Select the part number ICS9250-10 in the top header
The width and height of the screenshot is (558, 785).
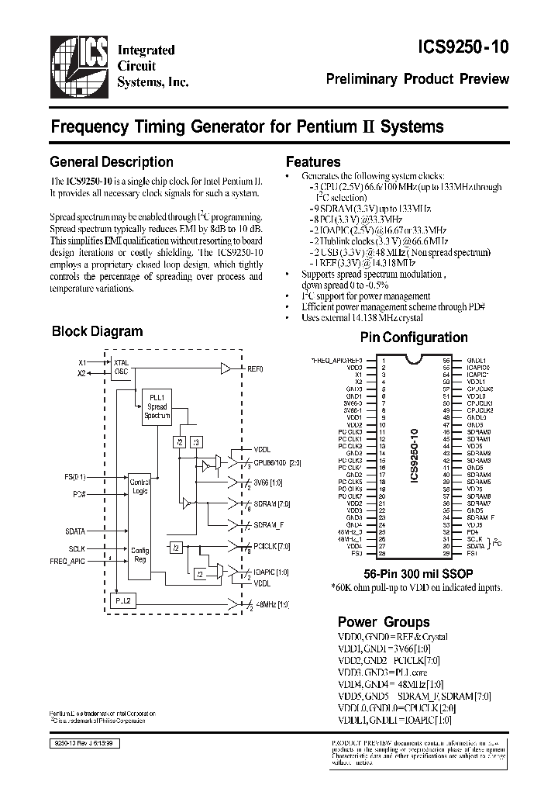(456, 47)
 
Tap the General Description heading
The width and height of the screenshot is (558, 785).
(111, 162)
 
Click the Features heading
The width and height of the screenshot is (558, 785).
(313, 162)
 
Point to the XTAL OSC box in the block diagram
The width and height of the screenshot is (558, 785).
(122, 367)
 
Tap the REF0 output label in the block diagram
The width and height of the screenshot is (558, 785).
(255, 368)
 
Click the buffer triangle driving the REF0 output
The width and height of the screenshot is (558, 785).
(226, 368)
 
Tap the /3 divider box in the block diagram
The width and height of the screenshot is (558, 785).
(196, 442)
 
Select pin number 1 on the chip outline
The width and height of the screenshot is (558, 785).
(382, 361)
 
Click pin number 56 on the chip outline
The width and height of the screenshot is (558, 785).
(446, 361)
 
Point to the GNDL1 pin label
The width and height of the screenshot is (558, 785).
(476, 361)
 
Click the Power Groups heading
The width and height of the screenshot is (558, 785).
(383, 622)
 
